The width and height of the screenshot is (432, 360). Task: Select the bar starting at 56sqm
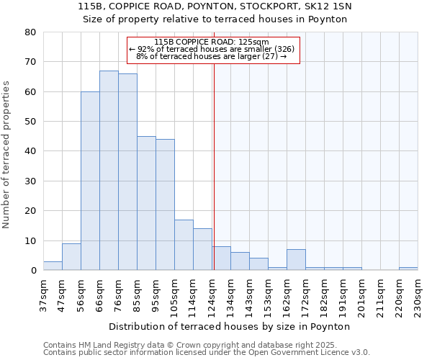(x=90, y=181)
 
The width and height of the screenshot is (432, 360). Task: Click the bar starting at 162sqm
(x=296, y=260)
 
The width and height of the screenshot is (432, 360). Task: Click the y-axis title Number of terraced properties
(x=7, y=155)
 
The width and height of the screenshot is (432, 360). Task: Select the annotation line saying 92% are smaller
(x=212, y=49)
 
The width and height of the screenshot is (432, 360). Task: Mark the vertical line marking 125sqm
(x=214, y=166)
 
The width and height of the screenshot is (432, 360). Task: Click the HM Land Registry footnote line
(x=194, y=345)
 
